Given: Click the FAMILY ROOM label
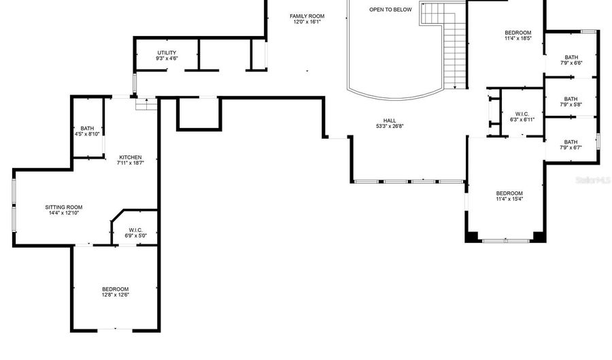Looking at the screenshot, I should pos(307,16).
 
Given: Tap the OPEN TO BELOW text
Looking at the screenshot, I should pos(390,10).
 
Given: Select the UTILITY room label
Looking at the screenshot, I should pos(167,52).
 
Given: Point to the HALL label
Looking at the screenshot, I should pos(390,120).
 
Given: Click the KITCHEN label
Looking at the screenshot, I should pos(130,157).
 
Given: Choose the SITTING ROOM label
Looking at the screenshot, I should pos(64,207).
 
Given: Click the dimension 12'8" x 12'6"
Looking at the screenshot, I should pos(115,295).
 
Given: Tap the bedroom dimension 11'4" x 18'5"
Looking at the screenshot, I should pos(517,39).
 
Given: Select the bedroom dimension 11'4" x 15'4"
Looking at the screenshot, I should pos(509,199).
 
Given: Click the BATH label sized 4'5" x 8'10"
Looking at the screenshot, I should pos(87,128).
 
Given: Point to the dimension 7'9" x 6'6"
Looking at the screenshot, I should pos(571,63).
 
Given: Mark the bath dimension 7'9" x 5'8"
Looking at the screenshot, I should pos(571,105).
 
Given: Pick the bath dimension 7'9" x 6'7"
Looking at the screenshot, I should pos(571,148).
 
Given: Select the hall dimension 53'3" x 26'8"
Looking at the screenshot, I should pos(390,126).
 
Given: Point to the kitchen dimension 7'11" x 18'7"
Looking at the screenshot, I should pos(130,163).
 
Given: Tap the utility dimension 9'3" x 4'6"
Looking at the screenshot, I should pos(167,59).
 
